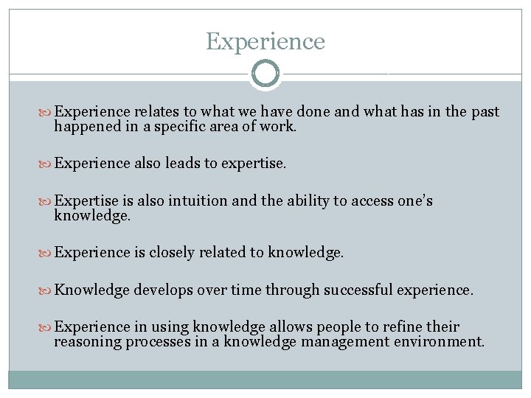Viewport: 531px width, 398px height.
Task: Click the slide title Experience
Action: click(265, 41)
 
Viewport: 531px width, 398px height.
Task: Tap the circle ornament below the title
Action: click(265, 74)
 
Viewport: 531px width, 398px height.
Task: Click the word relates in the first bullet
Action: click(157, 112)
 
